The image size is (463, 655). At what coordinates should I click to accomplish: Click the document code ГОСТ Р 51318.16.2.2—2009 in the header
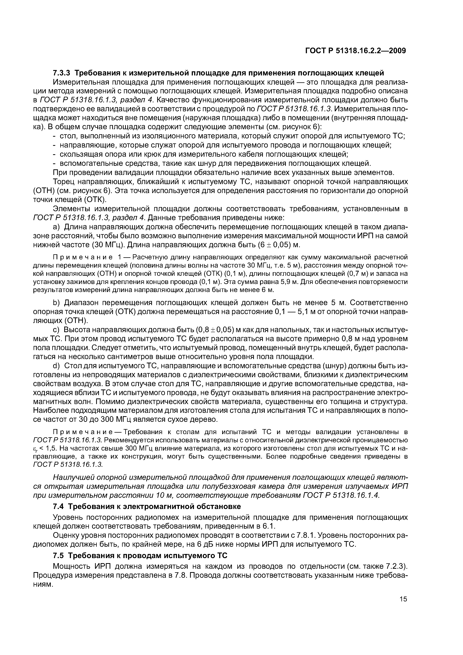(355, 51)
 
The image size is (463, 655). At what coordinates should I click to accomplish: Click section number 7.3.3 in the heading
(62, 73)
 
